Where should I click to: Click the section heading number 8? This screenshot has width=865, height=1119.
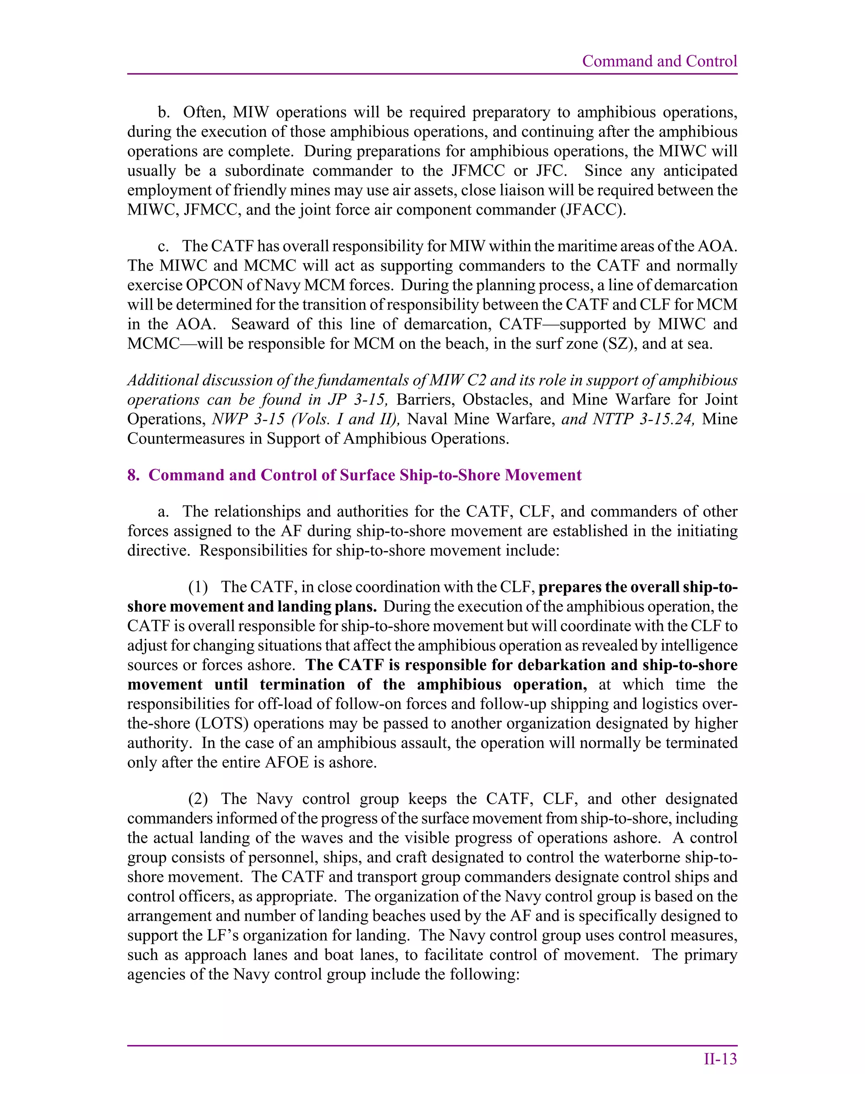(132, 475)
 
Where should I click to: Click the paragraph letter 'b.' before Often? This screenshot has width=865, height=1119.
(163, 112)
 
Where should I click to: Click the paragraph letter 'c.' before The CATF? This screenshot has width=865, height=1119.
(163, 247)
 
